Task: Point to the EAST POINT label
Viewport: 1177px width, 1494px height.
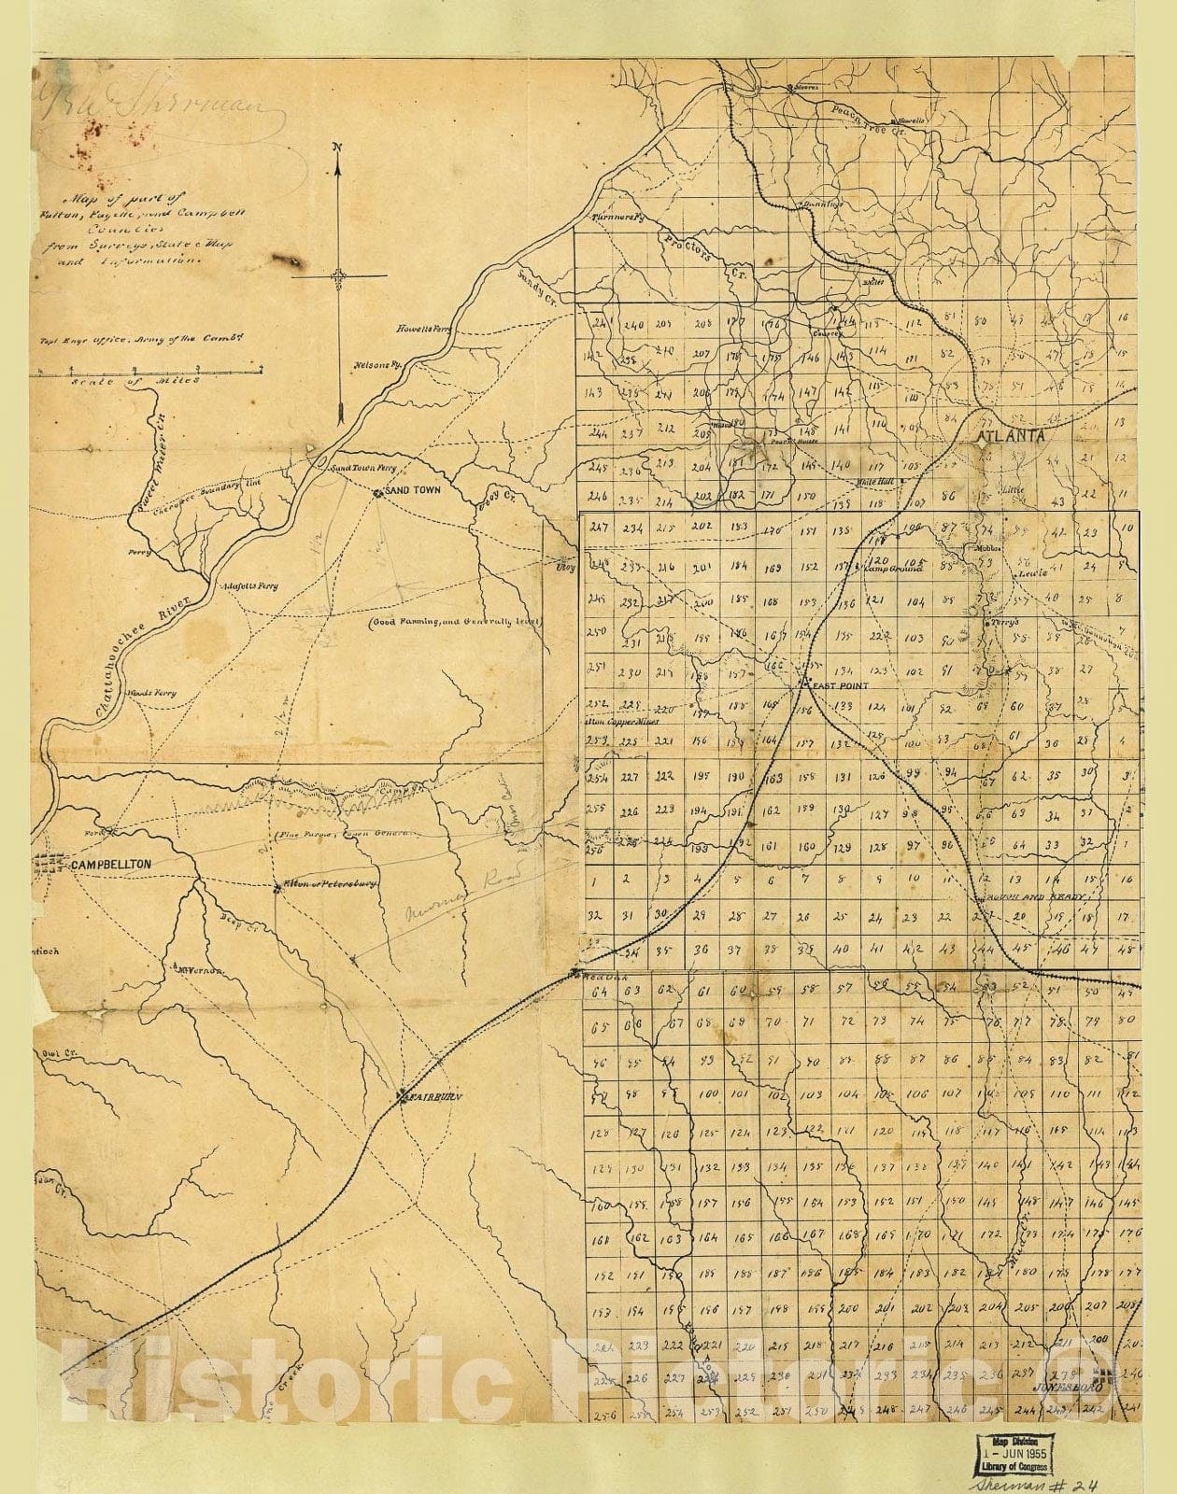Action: coord(840,685)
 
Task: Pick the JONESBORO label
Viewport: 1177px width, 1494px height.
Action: coord(1066,1388)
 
